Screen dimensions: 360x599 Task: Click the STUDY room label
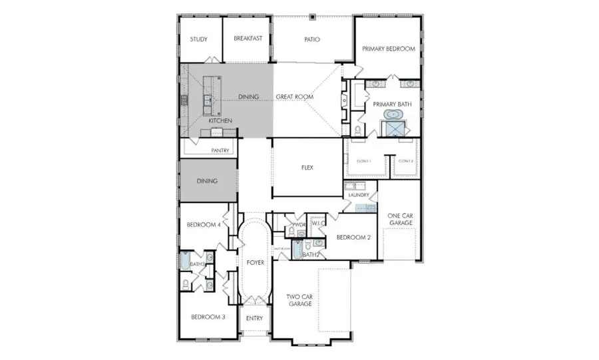[198, 39]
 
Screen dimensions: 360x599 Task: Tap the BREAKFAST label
[248, 39]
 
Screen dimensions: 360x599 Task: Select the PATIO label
[312, 39]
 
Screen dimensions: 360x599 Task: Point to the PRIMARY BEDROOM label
[389, 49]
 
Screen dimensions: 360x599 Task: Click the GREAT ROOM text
[294, 97]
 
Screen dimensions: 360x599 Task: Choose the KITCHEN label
[220, 120]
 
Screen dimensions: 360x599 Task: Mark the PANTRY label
[220, 151]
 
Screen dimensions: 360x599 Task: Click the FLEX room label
[307, 168]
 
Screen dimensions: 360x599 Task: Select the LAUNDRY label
[358, 195]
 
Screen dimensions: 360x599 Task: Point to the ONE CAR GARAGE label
[400, 219]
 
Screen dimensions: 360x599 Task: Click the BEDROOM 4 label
[203, 225]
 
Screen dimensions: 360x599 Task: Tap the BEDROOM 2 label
[353, 237]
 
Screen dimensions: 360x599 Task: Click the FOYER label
[256, 262]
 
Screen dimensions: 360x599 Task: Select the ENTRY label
[254, 318]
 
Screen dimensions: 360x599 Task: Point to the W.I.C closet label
[317, 223]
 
